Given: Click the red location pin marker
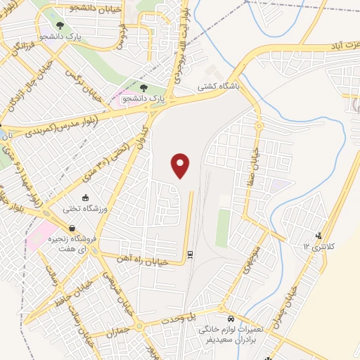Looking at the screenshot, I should (x=181, y=165).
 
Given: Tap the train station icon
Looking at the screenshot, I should (x=190, y=254).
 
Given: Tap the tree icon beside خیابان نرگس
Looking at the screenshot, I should (x=143, y=89).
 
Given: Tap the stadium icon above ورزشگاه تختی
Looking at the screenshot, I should (x=85, y=198).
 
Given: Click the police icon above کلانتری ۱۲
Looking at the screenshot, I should (x=320, y=236).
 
